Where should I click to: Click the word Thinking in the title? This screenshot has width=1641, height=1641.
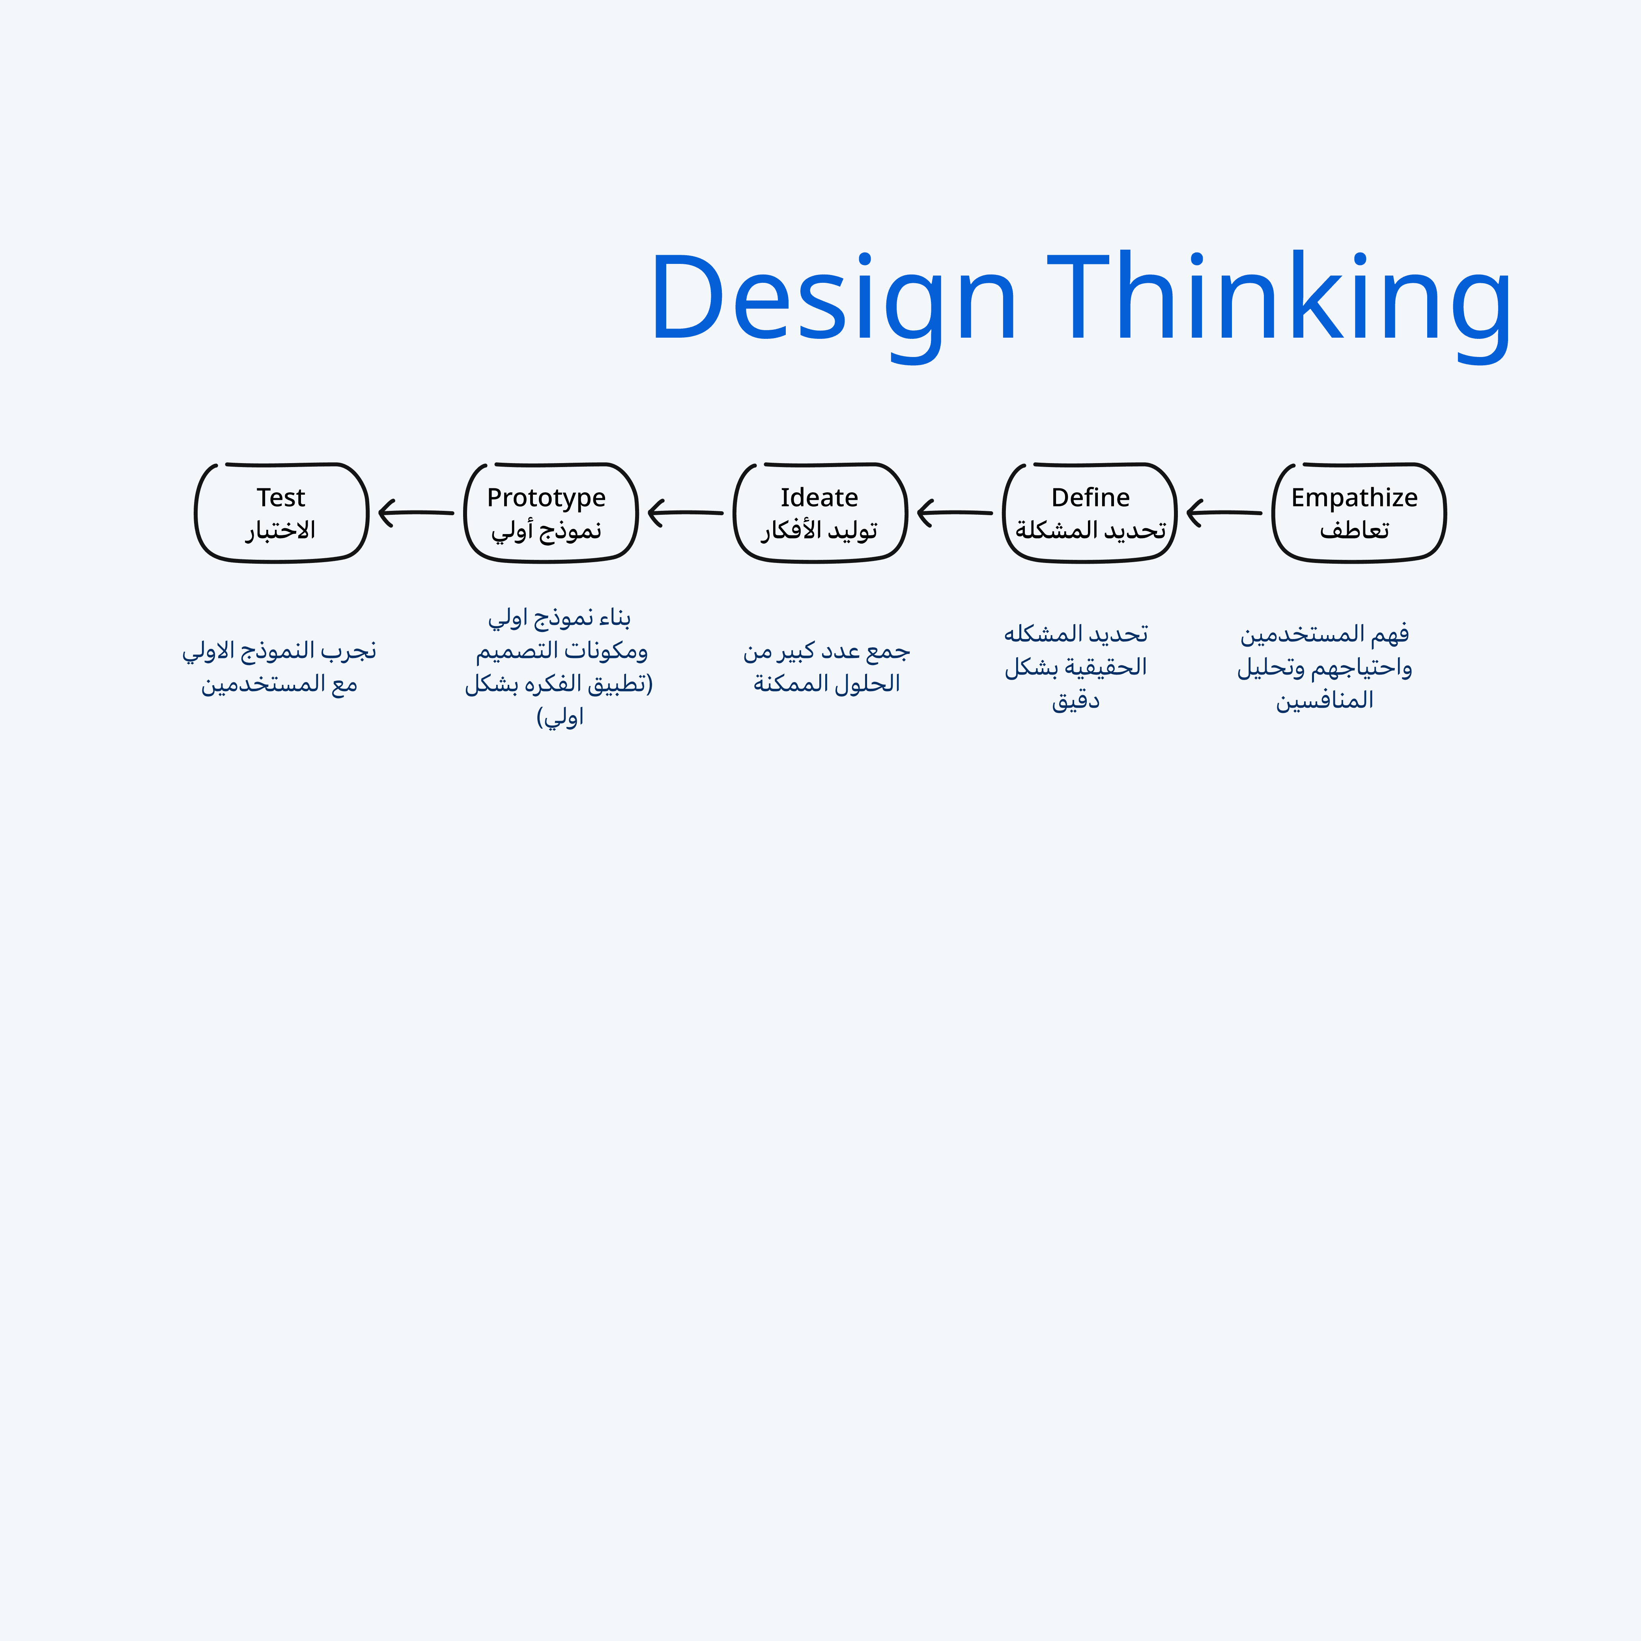[1278, 299]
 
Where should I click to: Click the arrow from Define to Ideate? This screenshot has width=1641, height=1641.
[955, 513]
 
